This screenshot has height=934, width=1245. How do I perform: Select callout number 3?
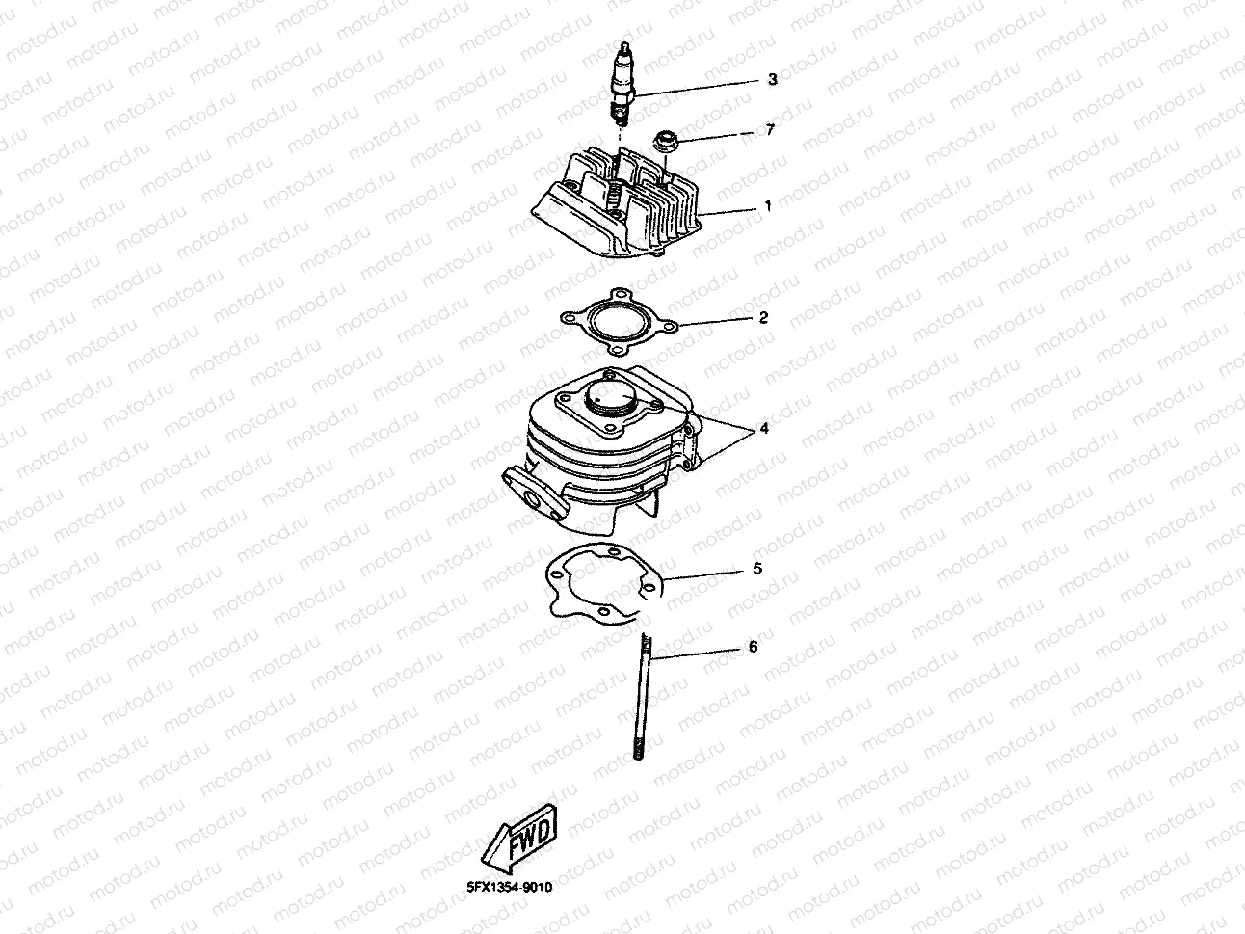[x=773, y=79]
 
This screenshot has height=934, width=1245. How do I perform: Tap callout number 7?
[x=770, y=130]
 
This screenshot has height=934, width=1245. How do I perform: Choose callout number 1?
[x=768, y=205]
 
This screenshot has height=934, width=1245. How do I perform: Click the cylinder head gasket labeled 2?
[x=619, y=322]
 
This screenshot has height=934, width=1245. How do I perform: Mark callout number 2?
[x=763, y=317]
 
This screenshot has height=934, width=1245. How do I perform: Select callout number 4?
[x=764, y=428]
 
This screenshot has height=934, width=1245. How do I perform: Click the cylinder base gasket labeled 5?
[x=604, y=583]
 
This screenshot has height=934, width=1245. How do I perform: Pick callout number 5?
[x=757, y=569]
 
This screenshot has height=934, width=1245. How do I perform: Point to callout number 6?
[x=753, y=647]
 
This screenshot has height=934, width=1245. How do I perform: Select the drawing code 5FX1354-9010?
[x=509, y=887]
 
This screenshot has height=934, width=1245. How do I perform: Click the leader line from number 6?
[x=695, y=654]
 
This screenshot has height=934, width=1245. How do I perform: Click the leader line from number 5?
[x=703, y=575]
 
